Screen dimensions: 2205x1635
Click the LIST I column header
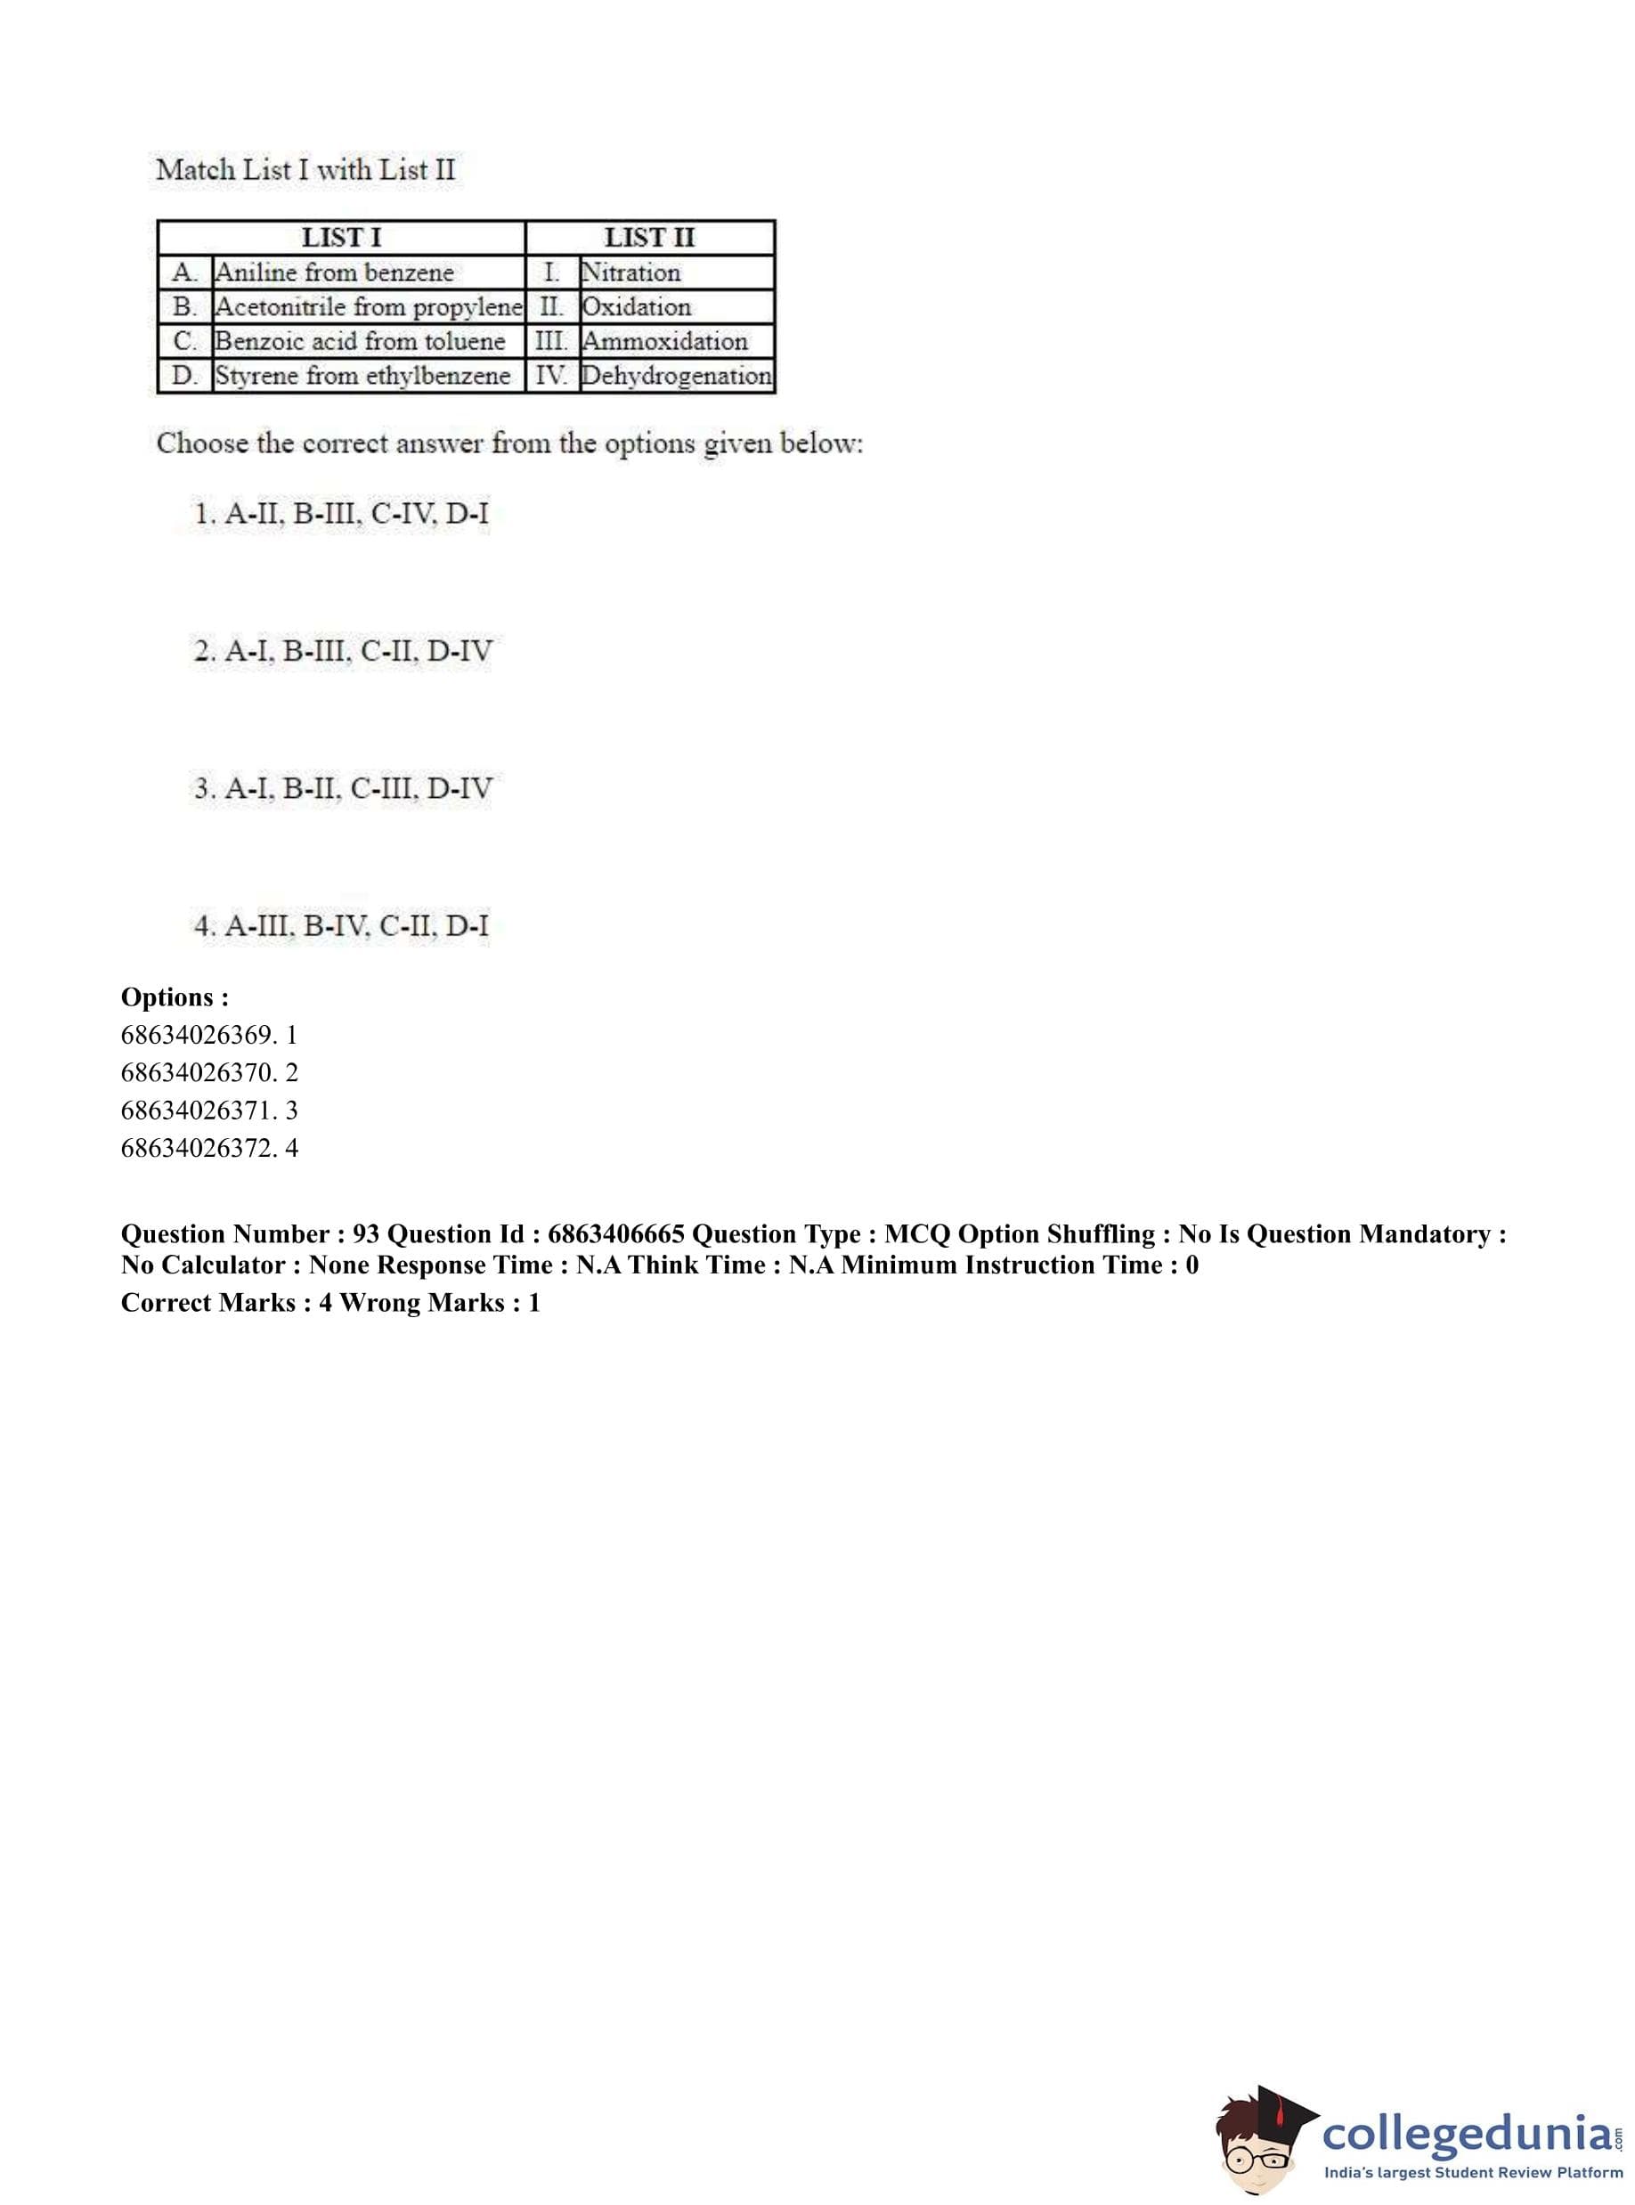pyautogui.click(x=340, y=238)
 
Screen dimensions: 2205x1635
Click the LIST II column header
pyautogui.click(x=649, y=238)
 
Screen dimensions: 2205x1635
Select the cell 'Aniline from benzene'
pyautogui.click(x=335, y=273)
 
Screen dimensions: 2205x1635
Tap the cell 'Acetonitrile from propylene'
pyautogui.click(x=368, y=307)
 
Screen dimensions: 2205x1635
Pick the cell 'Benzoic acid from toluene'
pyautogui.click(x=361, y=341)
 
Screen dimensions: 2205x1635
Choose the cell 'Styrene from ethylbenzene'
pyautogui.click(x=363, y=376)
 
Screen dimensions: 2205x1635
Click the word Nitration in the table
pyautogui.click(x=631, y=273)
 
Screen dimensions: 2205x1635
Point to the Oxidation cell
pyautogui.click(x=637, y=307)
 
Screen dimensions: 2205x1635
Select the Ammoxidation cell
pyautogui.click(x=665, y=341)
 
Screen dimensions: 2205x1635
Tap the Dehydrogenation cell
pyautogui.click(x=677, y=376)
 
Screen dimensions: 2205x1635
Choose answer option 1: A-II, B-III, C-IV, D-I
pyautogui.click(x=341, y=514)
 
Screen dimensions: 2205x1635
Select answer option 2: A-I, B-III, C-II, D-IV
pyautogui.click(x=343, y=651)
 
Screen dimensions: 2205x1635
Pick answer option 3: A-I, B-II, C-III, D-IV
pyautogui.click(x=343, y=789)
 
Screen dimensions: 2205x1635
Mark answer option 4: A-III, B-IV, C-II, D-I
pyautogui.click(x=341, y=926)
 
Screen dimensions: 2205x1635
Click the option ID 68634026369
pyautogui.click(x=197, y=1035)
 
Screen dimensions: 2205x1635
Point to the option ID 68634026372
pyautogui.click(x=197, y=1148)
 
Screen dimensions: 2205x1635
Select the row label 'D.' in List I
pyautogui.click(x=184, y=376)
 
